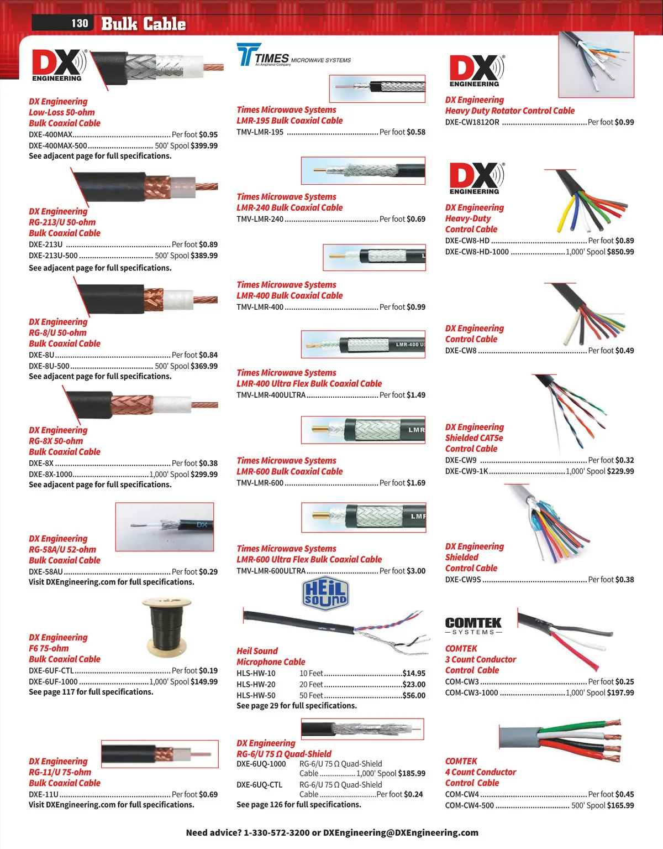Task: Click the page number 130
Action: pos(80,23)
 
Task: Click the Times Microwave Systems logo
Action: pos(293,55)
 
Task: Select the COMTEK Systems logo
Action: pos(473,626)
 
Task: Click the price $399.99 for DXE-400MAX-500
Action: pos(204,145)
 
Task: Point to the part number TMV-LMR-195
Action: pos(260,132)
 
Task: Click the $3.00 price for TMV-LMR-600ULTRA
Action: pos(416,571)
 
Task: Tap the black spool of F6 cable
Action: pos(167,624)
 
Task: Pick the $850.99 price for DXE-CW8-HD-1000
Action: pos(620,252)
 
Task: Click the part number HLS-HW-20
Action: pos(256,685)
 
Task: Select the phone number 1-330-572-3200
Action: pos(276,832)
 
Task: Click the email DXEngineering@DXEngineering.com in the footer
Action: pos(401,832)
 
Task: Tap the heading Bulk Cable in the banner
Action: pos(143,24)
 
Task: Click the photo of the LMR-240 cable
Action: pos(363,171)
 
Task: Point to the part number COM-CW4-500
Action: pos(470,806)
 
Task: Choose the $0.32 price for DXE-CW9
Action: pos(625,460)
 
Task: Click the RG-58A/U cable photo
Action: pos(165,527)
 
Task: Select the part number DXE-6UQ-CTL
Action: pos(260,785)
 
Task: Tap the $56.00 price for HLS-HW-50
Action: pos(414,695)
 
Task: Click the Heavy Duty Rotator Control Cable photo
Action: pos(596,65)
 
